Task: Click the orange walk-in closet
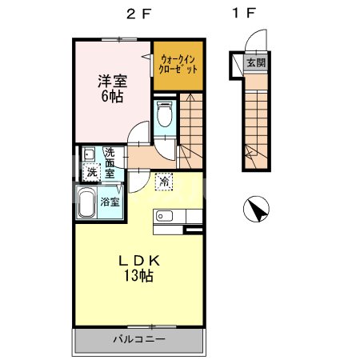(x=176, y=63)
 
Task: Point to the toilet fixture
(x=165, y=117)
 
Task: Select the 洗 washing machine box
(x=91, y=172)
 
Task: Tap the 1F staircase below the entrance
(x=258, y=120)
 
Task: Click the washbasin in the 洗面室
(x=87, y=154)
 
